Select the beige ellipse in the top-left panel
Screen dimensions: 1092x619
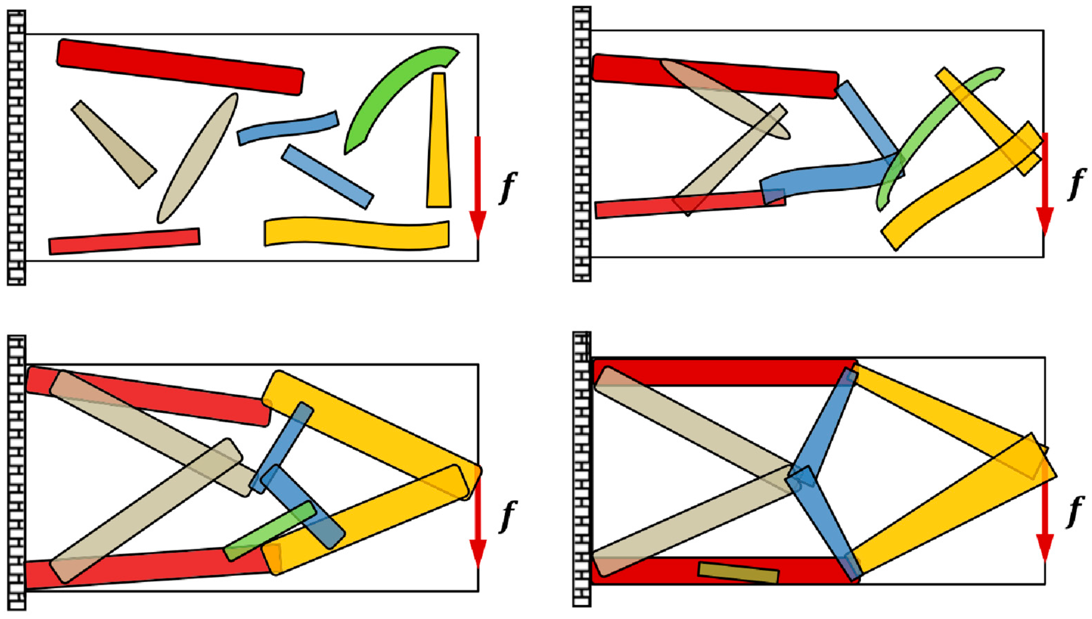pos(198,158)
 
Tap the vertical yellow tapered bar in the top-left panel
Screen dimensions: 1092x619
pos(439,140)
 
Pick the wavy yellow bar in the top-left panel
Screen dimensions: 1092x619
pos(356,233)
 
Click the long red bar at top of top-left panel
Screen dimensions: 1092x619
pos(180,67)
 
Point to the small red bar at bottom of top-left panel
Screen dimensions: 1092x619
pos(124,241)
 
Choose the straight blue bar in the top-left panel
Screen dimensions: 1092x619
pos(327,177)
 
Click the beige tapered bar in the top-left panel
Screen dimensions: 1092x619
pos(114,144)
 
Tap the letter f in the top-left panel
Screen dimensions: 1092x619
pos(508,187)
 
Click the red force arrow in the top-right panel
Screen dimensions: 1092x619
pos(1045,184)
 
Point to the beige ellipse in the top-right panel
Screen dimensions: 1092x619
pos(725,99)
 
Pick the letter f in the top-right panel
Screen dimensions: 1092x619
pos(1077,184)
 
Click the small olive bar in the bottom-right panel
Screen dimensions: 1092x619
pos(738,573)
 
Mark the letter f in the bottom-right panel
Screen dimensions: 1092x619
pos(1076,512)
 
